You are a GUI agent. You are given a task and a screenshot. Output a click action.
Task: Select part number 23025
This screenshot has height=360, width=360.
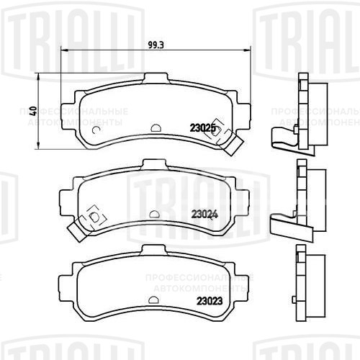[203, 128]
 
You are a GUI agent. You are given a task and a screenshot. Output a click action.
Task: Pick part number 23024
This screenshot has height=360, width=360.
[204, 213]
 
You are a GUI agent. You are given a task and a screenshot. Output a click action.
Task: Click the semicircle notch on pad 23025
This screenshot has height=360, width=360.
[156, 130]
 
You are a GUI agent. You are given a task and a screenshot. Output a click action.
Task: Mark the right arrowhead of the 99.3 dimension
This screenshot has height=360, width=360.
[250, 50]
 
